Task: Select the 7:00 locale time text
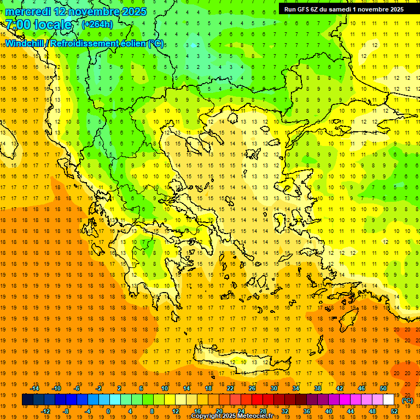pyautogui.click(x=38, y=25)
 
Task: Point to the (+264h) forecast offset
pyautogui.click(x=97, y=25)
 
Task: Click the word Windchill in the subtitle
pyautogui.click(x=26, y=43)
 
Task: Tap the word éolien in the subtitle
pyautogui.click(x=129, y=43)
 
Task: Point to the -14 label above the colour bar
pyautogui.click(x=34, y=388)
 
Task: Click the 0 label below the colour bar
pyautogui.click(x=108, y=411)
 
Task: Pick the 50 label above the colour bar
pyautogui.click(x=383, y=388)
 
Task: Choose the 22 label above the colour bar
pyautogui.click(x=230, y=388)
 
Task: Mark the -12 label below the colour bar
pyautogui.click(x=46, y=411)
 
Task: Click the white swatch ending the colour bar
pyautogui.click(x=389, y=400)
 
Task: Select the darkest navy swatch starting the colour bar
pyautogui.click(x=27, y=400)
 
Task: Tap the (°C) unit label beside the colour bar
pyautogui.click(x=407, y=400)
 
